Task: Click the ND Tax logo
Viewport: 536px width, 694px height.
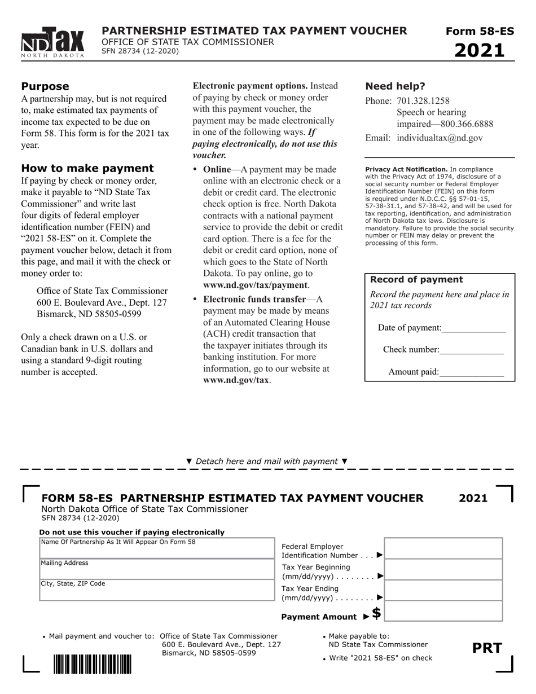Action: [53, 43]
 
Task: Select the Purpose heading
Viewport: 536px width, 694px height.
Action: [45, 86]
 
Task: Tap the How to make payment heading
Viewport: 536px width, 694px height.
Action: [87, 168]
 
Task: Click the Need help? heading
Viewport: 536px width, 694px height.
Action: [395, 86]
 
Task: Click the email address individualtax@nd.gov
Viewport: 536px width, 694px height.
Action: [440, 138]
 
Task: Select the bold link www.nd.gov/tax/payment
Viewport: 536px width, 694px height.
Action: [255, 285]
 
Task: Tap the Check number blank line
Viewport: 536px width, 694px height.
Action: [471, 350]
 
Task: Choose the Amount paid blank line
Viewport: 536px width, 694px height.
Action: [471, 372]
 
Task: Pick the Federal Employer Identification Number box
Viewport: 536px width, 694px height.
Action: [443, 548]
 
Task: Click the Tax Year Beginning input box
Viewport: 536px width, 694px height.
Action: [443, 569]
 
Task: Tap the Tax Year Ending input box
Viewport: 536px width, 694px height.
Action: [443, 590]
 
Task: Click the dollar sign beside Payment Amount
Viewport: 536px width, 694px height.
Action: [376, 613]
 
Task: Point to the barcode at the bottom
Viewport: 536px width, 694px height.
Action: [93, 664]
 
